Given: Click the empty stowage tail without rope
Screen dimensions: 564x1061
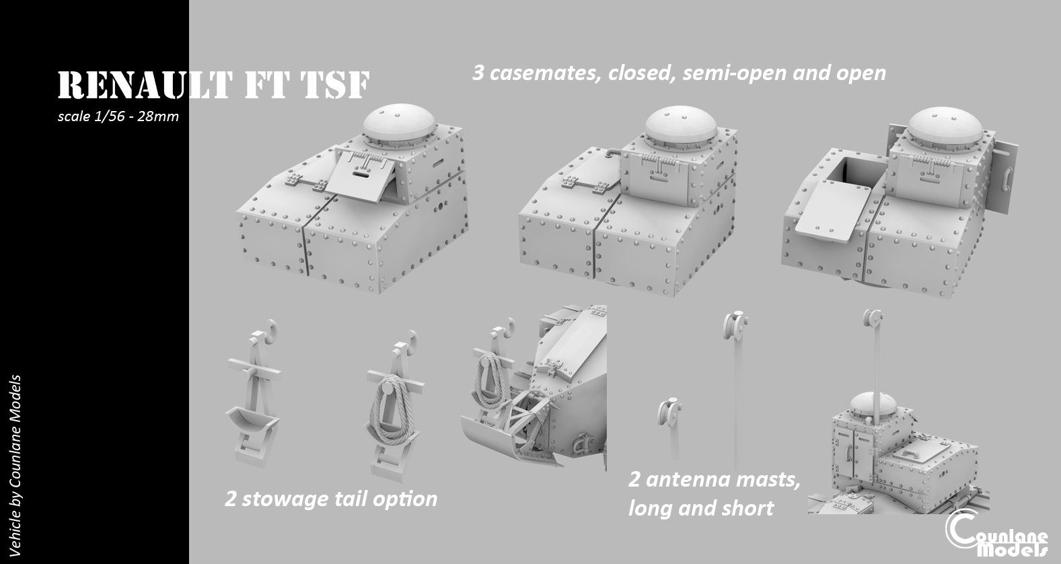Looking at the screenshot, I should (252, 397).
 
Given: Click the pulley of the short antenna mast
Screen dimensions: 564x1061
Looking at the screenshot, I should (668, 411).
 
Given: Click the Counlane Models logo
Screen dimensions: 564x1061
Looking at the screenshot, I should (996, 536).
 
